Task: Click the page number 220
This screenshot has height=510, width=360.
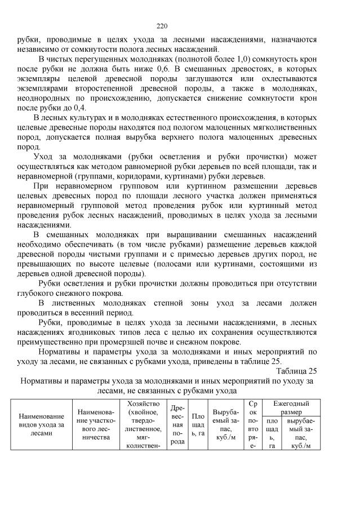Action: [162, 26]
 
